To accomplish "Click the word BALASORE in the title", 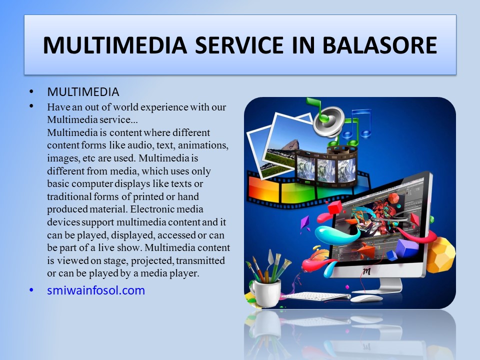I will click(x=379, y=45).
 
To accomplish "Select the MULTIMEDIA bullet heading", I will click(x=83, y=92).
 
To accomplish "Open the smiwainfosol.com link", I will click(x=96, y=290).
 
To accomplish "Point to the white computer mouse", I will click(x=366, y=298).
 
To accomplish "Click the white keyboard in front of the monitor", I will click(x=315, y=296).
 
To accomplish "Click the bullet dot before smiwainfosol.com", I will click(x=31, y=290).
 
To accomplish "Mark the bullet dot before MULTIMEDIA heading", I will click(x=31, y=92).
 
